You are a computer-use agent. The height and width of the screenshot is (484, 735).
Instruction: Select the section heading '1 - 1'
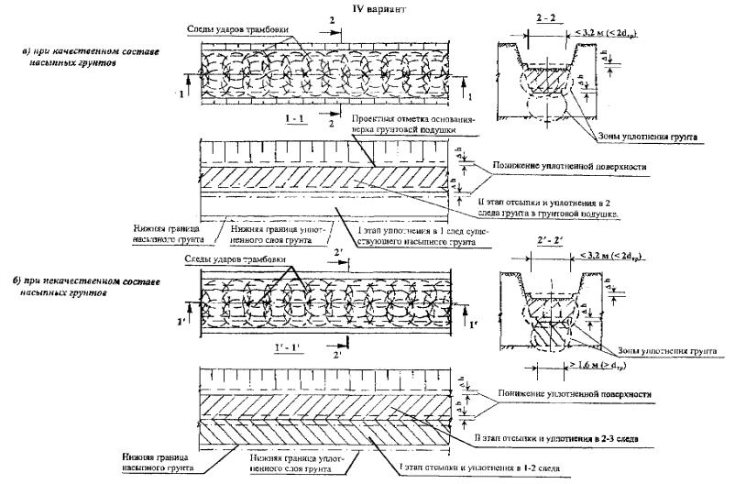tap(301, 120)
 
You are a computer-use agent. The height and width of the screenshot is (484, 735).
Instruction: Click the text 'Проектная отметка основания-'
tap(408, 119)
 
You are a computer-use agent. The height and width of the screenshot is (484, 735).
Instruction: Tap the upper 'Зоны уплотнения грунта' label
tap(649, 136)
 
